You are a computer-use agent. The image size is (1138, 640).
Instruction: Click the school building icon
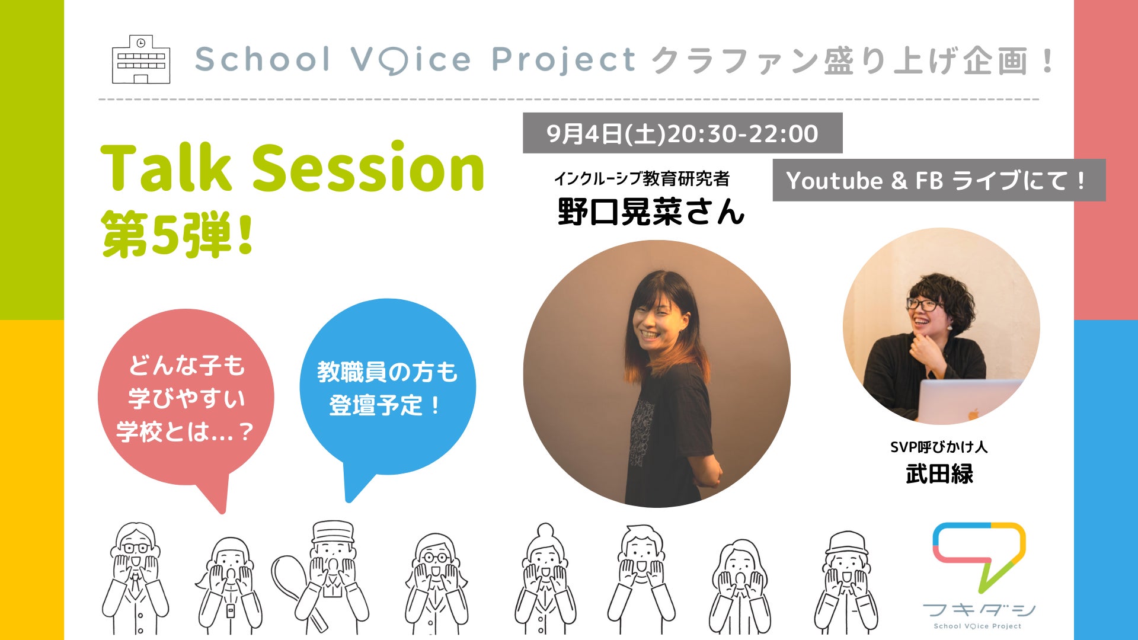click(x=141, y=59)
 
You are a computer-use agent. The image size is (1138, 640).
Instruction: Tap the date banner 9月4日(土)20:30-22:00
click(x=682, y=133)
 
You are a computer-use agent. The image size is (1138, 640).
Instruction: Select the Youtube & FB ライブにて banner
click(x=939, y=180)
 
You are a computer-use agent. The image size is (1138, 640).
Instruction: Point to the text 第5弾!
click(x=178, y=235)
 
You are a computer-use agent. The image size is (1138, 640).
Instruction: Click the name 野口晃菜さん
click(x=651, y=212)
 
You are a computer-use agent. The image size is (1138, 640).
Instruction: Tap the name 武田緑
click(x=939, y=474)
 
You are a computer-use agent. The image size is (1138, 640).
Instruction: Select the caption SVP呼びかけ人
click(x=939, y=447)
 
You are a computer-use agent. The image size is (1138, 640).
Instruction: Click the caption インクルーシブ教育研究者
click(x=642, y=178)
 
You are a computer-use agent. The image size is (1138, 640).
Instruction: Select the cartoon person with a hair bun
click(x=545, y=578)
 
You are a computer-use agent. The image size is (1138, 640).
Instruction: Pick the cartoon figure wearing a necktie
click(x=136, y=578)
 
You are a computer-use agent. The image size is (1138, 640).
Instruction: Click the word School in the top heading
click(x=262, y=59)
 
